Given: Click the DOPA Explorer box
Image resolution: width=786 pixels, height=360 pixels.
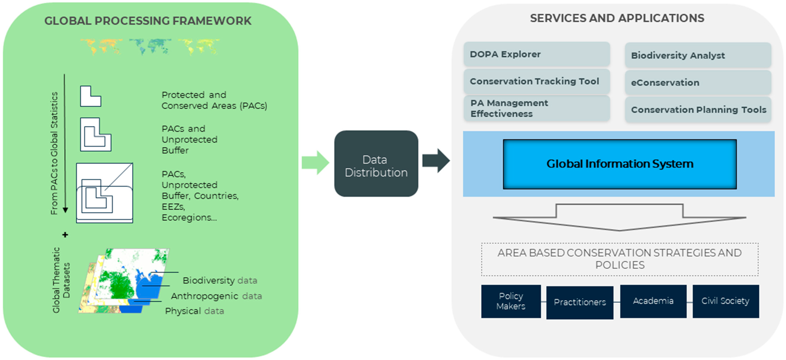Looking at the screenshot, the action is pyautogui.click(x=537, y=54).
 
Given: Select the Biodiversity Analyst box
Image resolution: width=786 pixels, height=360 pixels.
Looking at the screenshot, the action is pyautogui.click(x=698, y=55).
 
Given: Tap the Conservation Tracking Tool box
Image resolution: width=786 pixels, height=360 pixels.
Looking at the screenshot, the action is pyautogui.click(x=537, y=81).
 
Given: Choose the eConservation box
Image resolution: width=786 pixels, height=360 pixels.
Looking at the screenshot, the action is pyautogui.click(x=698, y=82).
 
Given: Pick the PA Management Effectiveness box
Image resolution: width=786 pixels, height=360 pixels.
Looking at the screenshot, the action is pyautogui.click(x=537, y=108).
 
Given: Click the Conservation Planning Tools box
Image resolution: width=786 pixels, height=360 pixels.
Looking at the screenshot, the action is pyautogui.click(x=698, y=110).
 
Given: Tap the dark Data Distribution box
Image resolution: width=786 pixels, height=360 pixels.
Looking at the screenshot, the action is pyautogui.click(x=376, y=163).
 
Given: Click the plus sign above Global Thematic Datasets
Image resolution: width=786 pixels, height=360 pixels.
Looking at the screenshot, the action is pyautogui.click(x=65, y=235).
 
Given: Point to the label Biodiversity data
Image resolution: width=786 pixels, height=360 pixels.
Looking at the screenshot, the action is pyautogui.click(x=220, y=280).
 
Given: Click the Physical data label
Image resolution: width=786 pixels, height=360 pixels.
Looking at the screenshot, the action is pyautogui.click(x=194, y=311).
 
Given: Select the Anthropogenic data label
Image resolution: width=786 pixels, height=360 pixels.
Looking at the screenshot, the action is pyautogui.click(x=216, y=296).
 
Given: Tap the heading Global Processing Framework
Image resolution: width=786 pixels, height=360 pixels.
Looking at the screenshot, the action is pyautogui.click(x=148, y=21).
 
